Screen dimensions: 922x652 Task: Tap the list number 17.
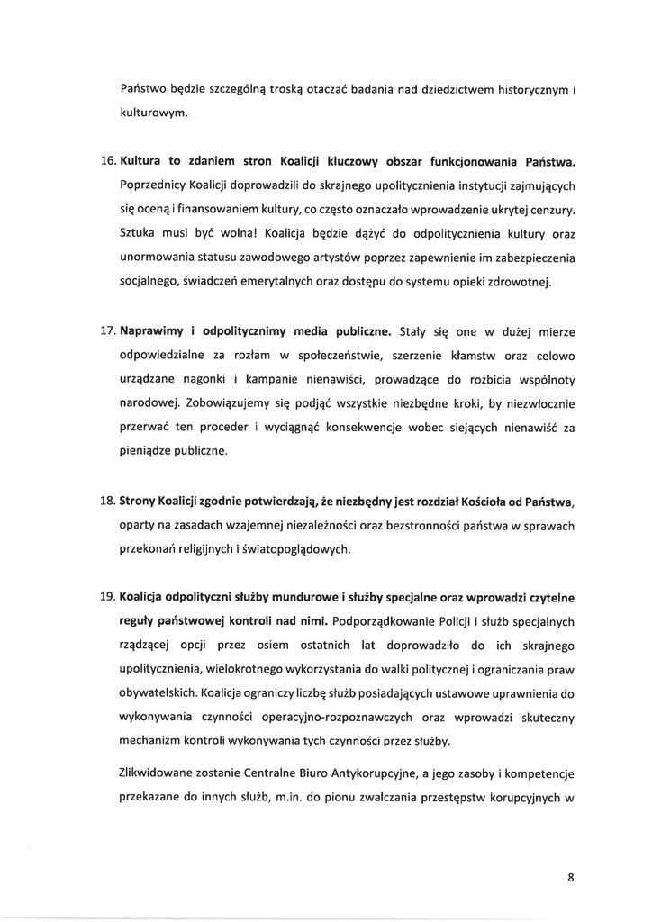click(105, 332)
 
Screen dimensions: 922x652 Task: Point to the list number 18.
click(105, 502)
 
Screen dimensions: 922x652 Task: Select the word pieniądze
click(145, 450)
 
